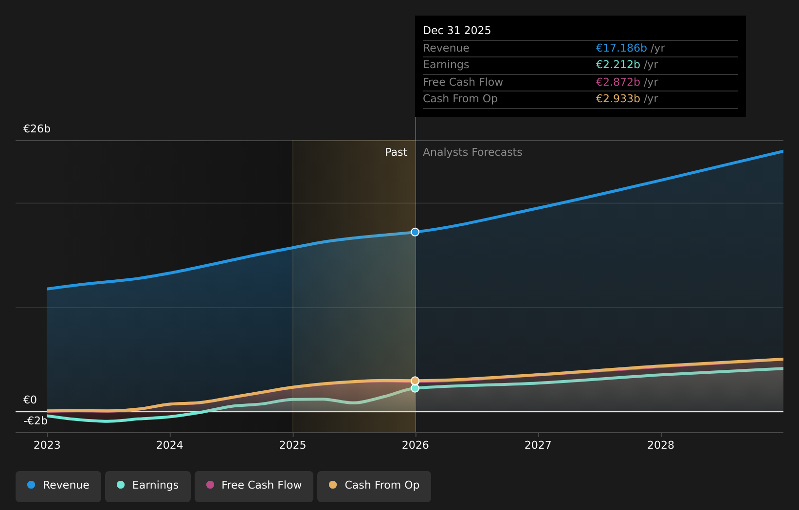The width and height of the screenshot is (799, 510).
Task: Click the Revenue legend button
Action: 58,486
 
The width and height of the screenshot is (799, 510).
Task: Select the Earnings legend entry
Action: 148,486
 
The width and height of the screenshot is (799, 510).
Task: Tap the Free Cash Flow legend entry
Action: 254,486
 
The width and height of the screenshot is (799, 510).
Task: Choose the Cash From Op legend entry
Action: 374,486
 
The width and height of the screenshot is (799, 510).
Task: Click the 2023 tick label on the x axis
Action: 47,445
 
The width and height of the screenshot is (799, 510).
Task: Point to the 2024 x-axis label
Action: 170,445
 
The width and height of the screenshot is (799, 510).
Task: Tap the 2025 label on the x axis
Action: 292,445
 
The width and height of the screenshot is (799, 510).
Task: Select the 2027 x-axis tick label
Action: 538,445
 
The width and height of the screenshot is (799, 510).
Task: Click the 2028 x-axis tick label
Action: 661,445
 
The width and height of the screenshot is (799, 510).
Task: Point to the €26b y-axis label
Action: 37,129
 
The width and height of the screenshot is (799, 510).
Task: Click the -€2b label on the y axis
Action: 36,421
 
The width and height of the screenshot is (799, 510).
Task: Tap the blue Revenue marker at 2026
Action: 415,232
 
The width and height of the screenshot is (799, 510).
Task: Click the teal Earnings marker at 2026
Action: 415,388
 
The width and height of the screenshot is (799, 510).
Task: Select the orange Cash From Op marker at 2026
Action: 415,381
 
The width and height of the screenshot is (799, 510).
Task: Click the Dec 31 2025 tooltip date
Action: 457,31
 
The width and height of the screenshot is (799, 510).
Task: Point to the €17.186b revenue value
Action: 621,48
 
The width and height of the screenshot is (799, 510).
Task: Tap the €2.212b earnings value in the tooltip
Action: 618,65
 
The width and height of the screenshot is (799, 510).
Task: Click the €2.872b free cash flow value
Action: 618,82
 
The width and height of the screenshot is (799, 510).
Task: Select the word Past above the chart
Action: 396,152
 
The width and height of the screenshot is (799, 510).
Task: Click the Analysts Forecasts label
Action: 472,152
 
